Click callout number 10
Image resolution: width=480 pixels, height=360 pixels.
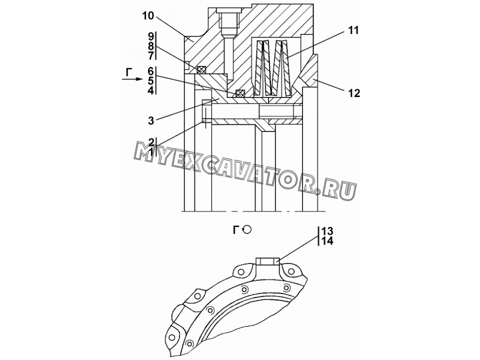148,15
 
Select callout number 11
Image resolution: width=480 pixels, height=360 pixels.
353,30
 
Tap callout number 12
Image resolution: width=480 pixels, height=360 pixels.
354,93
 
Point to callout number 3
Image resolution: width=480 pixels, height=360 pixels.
151,120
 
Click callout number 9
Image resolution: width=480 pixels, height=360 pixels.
151,36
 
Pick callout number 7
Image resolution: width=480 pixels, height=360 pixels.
151,56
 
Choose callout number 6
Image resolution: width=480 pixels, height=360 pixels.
151,71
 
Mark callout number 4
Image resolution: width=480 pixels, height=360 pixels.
151,90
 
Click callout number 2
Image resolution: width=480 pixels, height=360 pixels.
151,141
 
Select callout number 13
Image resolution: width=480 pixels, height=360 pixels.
327,230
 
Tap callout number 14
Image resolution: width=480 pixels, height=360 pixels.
327,241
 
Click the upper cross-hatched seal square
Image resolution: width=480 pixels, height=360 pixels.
201,69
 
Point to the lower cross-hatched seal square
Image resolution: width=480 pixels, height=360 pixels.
239,93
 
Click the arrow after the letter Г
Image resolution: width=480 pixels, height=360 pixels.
132,79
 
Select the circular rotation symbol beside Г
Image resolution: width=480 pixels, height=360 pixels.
246,229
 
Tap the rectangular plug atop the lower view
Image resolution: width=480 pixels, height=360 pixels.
267,261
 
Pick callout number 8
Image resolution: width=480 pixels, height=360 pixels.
151,46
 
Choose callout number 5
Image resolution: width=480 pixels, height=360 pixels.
151,81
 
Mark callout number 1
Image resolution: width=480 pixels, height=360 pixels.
150,151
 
